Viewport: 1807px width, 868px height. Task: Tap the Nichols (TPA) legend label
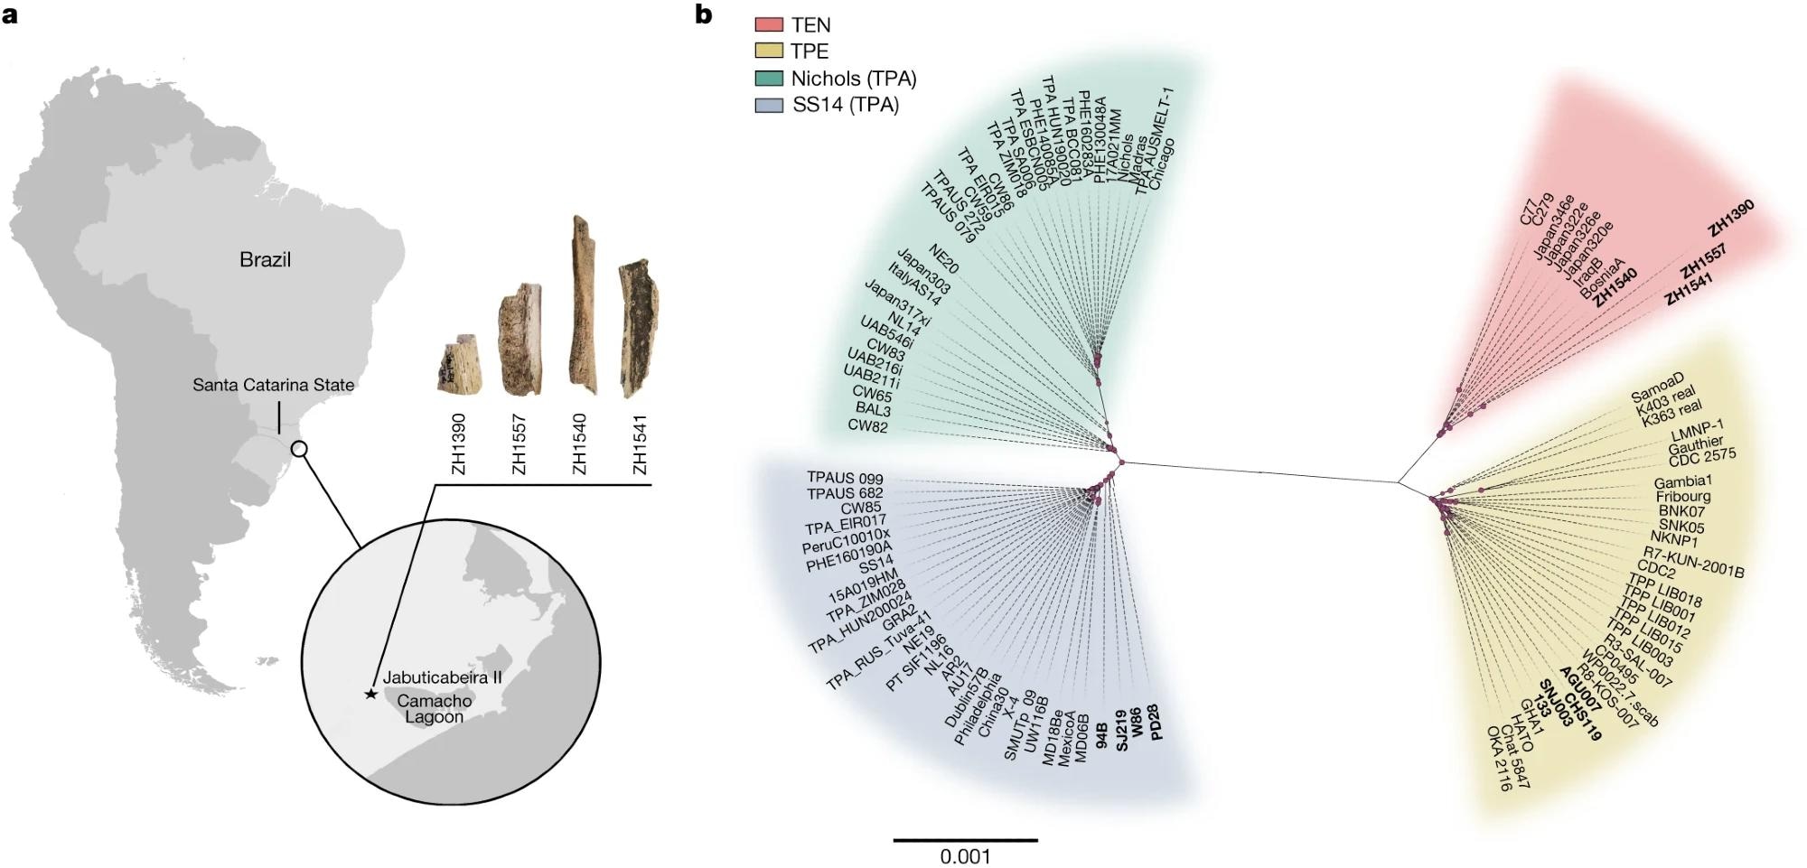tap(854, 79)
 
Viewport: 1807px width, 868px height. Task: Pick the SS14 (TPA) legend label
tap(846, 105)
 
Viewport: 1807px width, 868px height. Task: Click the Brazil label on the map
tap(265, 260)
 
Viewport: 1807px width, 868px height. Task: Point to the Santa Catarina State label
tap(273, 385)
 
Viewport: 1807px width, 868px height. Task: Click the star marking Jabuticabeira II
tap(370, 694)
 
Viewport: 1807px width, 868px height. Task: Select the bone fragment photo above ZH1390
tap(459, 367)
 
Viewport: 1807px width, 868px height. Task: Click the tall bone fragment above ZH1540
tap(580, 307)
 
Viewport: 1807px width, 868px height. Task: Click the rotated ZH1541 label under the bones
tap(640, 444)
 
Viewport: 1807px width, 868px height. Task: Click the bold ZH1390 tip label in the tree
tap(1730, 219)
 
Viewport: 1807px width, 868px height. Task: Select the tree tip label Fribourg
tap(1682, 497)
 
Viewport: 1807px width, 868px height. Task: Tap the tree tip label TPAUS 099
tap(845, 479)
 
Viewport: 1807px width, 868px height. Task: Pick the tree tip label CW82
tap(867, 426)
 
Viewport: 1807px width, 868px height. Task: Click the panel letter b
tap(704, 14)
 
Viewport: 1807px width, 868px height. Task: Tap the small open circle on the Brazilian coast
tap(299, 449)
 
